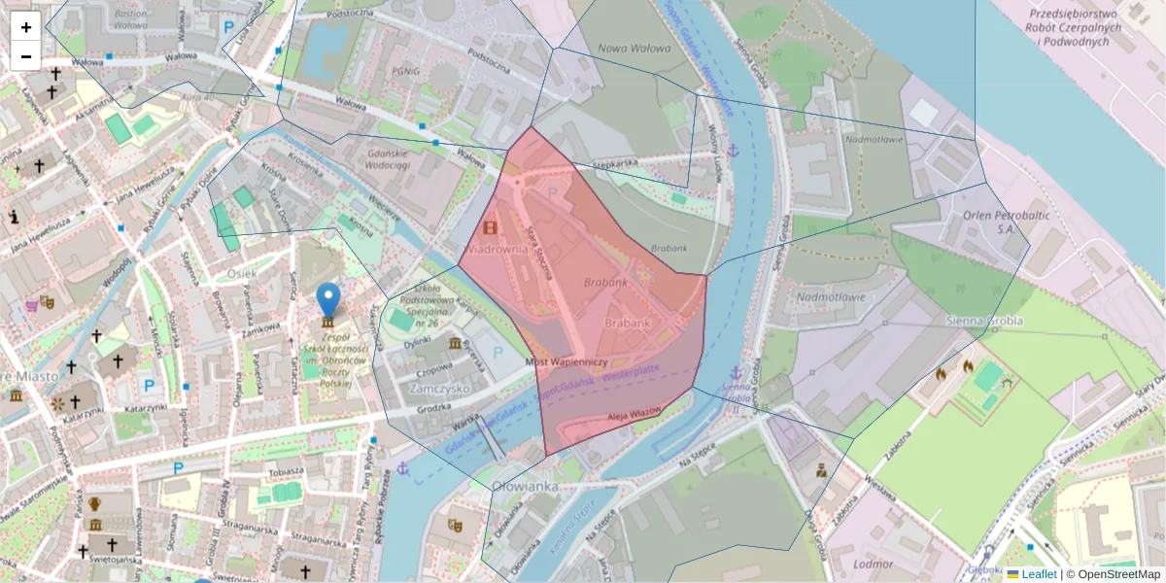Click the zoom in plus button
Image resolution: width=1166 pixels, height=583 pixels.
(26, 27)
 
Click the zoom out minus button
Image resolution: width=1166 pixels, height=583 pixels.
(26, 55)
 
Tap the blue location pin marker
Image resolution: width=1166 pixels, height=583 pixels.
(329, 301)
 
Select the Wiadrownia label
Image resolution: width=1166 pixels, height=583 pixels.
(497, 249)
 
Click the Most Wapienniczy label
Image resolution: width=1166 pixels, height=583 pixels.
(566, 360)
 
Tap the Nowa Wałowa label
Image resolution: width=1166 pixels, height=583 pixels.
(634, 49)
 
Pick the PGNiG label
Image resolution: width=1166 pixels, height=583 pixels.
(405, 71)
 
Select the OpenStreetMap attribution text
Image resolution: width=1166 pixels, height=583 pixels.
(1117, 574)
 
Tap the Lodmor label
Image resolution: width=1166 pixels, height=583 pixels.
(871, 564)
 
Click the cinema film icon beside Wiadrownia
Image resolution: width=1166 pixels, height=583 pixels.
(490, 228)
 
